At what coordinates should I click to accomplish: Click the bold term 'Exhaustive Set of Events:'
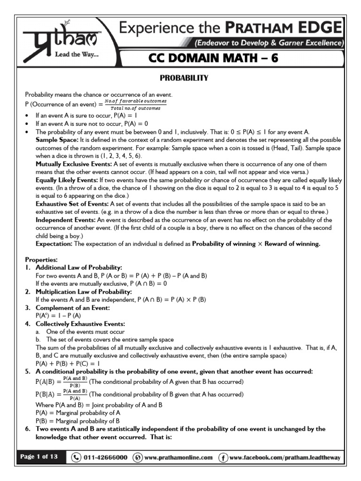(72, 203)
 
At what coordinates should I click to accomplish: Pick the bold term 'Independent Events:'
(63, 220)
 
